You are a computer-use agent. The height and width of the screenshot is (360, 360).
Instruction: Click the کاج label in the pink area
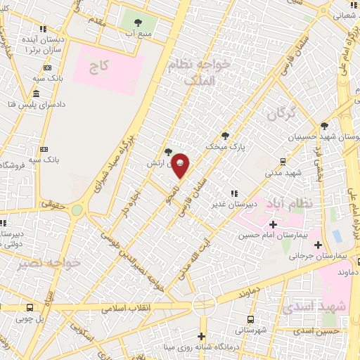point(99,69)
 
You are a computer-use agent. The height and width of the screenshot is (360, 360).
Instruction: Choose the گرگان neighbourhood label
point(283,112)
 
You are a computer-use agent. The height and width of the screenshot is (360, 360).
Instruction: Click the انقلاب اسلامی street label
point(122,308)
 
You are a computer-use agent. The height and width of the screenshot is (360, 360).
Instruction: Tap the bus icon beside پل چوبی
point(30,307)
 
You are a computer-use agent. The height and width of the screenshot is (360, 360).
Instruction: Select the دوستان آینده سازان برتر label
point(44,45)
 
